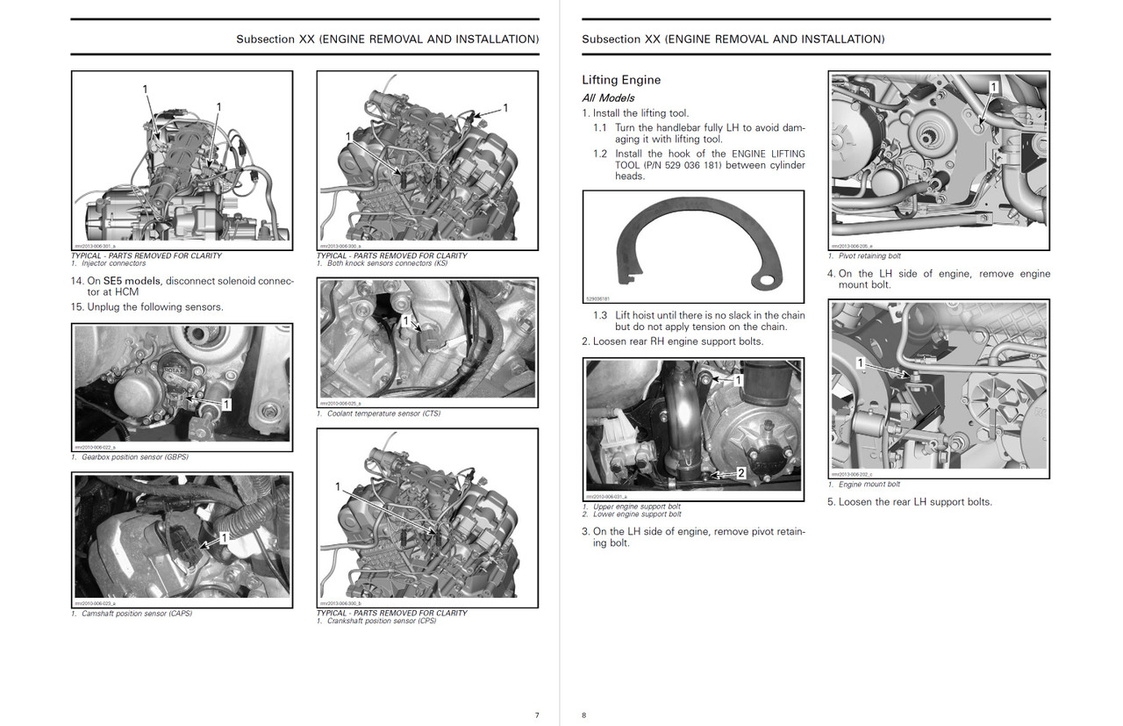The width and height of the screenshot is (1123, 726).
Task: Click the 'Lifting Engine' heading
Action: (621, 80)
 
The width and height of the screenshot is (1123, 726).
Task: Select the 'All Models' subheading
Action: (608, 98)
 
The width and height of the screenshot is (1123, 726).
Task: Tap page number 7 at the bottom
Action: (537, 715)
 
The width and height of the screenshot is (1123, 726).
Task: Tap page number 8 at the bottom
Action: (584, 715)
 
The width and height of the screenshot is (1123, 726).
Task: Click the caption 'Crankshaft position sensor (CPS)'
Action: (381, 621)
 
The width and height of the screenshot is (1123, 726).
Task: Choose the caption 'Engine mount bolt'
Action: (869, 485)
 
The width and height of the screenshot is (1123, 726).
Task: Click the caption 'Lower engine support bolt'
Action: (637, 514)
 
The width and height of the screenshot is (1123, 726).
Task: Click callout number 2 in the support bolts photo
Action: (740, 472)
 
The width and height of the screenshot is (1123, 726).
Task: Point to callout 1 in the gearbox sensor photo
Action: (226, 404)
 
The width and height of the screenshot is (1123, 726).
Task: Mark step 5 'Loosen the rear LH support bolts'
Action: (910, 502)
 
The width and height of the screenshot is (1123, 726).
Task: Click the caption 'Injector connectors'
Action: (113, 263)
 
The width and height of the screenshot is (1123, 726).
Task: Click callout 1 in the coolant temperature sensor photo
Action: (404, 321)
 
